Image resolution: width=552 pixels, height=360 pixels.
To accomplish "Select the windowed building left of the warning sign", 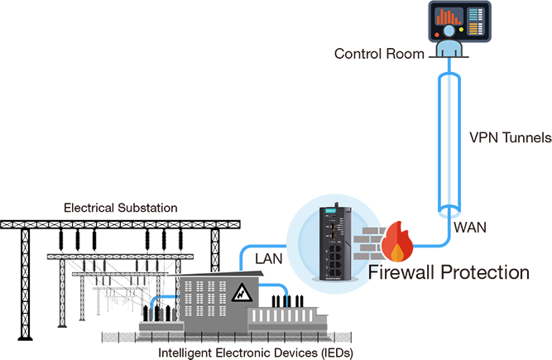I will (x=203, y=299).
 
